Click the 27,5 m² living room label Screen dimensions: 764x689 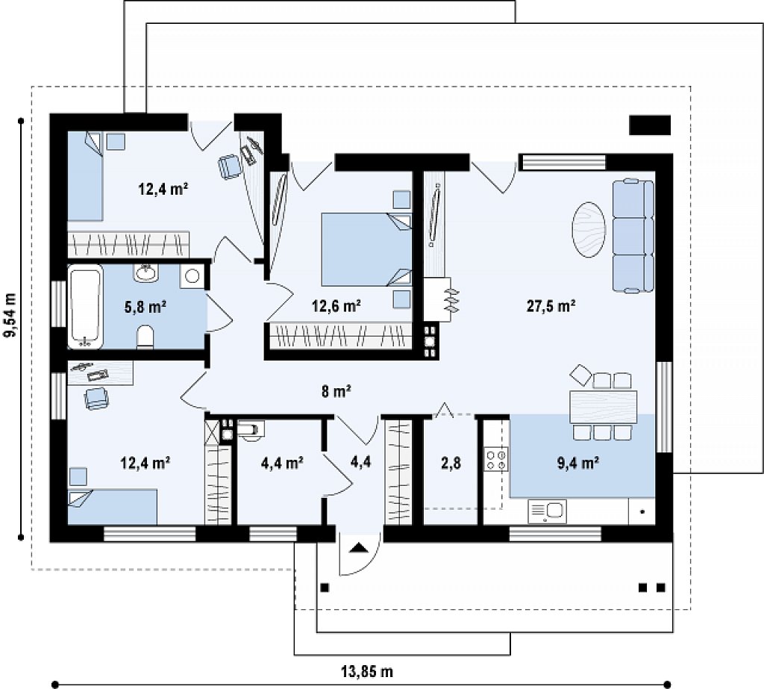[551, 306]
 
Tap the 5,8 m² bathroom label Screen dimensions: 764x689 [145, 307]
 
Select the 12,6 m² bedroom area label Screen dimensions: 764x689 [336, 306]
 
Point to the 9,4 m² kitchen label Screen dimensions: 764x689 [578, 462]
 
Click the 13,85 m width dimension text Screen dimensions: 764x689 [367, 671]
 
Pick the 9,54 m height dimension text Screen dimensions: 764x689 [10, 315]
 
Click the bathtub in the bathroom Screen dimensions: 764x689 [85, 307]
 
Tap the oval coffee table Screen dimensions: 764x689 [589, 230]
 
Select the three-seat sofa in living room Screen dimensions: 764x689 [633, 236]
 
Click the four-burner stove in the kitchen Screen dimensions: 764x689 [496, 460]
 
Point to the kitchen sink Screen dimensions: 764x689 [547, 511]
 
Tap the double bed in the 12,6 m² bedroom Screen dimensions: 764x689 [366, 249]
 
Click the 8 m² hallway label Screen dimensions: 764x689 [336, 390]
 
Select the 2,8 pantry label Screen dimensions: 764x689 [451, 463]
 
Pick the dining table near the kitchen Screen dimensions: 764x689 [603, 407]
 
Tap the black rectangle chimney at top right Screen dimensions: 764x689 [650, 125]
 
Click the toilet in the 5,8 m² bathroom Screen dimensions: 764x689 [145, 337]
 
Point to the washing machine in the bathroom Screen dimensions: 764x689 [192, 276]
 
